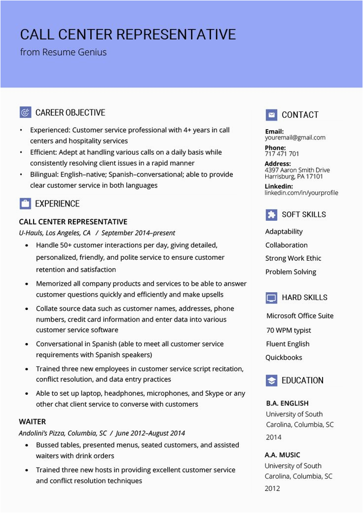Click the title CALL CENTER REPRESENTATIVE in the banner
click(x=128, y=34)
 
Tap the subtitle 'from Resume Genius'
click(x=63, y=52)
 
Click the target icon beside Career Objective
click(x=25, y=112)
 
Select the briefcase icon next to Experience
click(x=25, y=204)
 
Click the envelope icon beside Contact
click(x=271, y=115)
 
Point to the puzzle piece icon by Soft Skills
click(x=271, y=214)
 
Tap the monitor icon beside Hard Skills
click(x=271, y=298)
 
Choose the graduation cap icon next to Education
click(x=271, y=380)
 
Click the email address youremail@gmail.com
click(x=295, y=138)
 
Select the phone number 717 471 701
click(x=282, y=154)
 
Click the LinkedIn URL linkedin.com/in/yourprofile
click(x=301, y=193)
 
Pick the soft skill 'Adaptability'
click(x=284, y=232)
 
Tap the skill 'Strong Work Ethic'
click(x=293, y=258)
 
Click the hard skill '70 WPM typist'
click(x=289, y=330)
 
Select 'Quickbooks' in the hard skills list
click(x=284, y=357)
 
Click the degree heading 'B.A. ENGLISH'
click(x=287, y=403)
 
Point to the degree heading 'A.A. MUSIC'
click(x=282, y=455)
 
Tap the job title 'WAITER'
click(x=33, y=421)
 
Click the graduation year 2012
click(x=272, y=488)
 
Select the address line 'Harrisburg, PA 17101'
click(x=294, y=176)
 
